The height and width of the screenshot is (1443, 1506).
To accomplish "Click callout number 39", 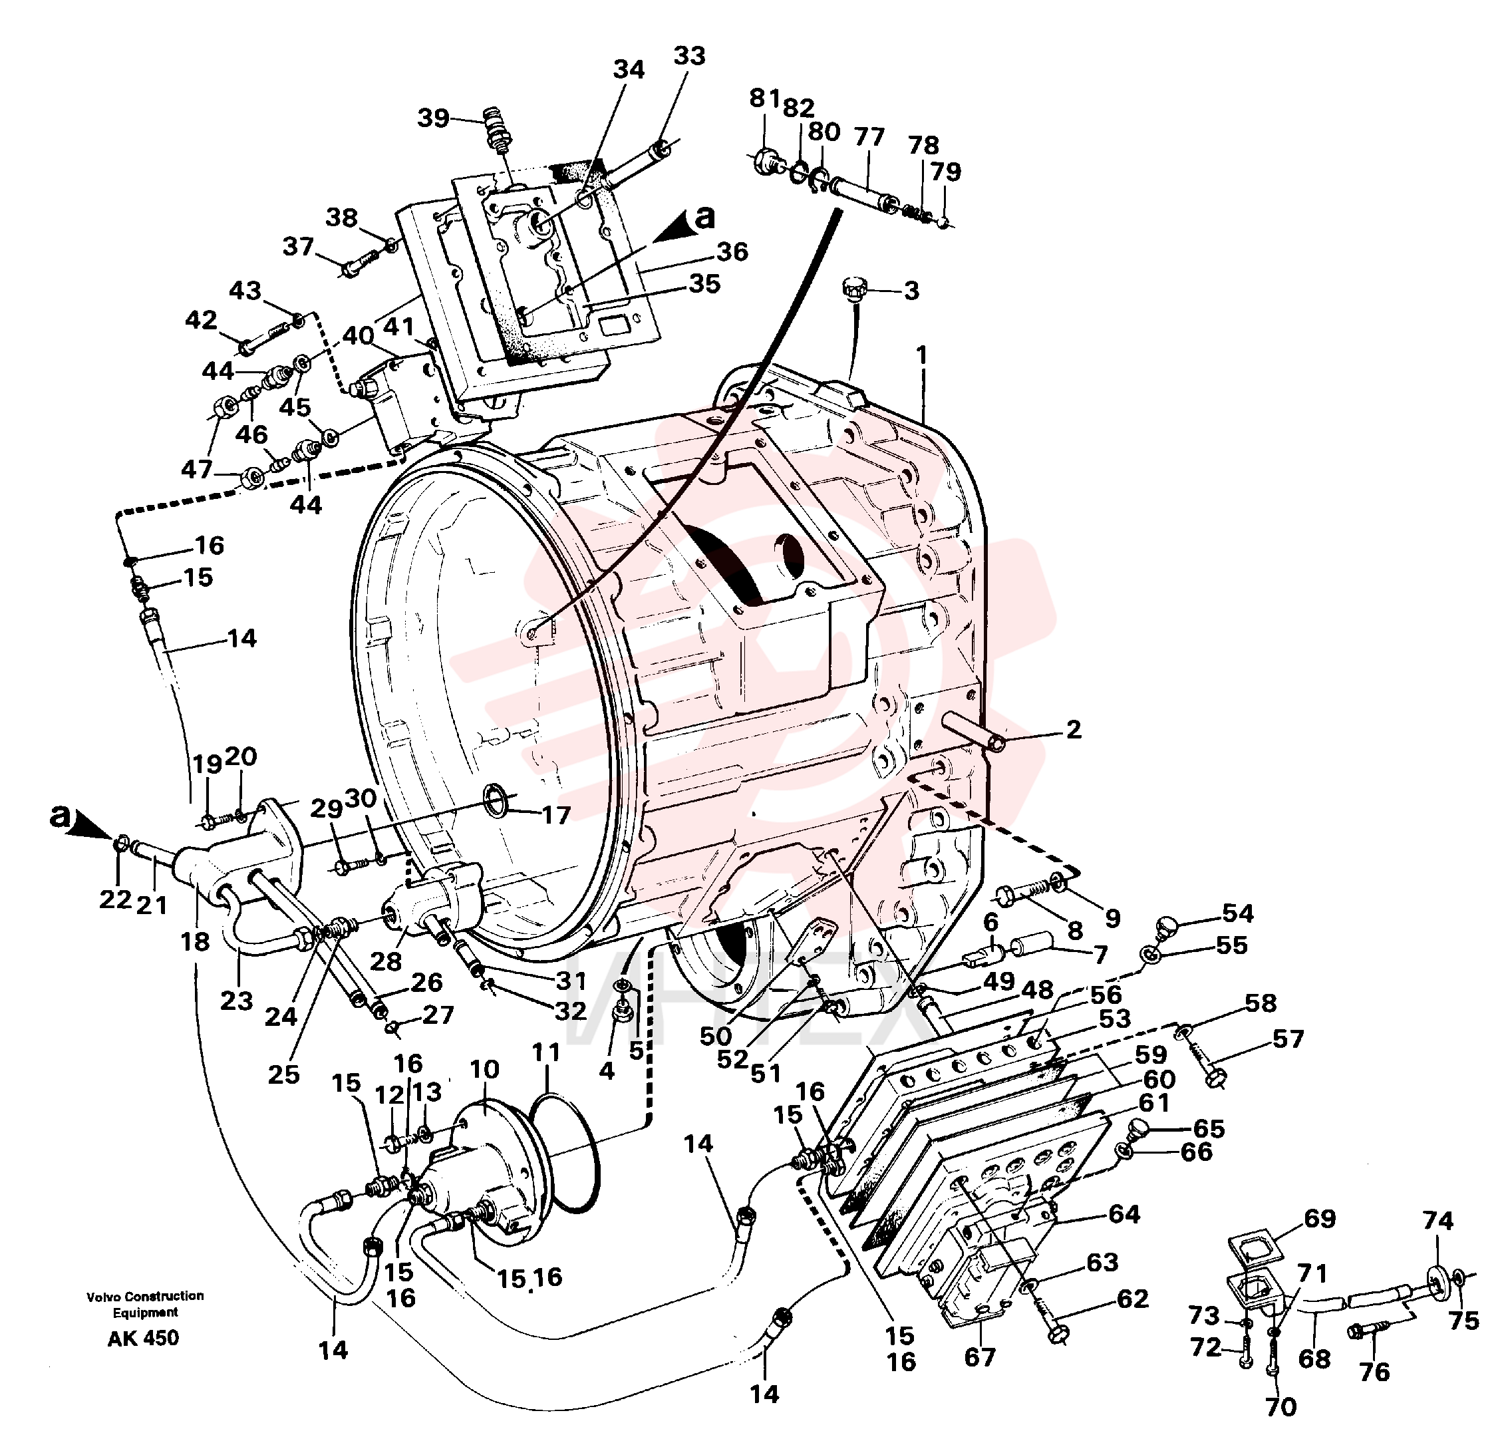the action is pyautogui.click(x=433, y=118).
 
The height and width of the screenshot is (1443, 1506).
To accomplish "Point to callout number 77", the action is pyautogui.click(x=870, y=137).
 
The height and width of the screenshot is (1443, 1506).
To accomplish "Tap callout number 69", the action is pyautogui.click(x=1320, y=1218).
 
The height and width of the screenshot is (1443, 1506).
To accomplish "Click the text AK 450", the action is pyautogui.click(x=144, y=1338).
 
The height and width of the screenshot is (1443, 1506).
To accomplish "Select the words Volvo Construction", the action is pyautogui.click(x=145, y=1296).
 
